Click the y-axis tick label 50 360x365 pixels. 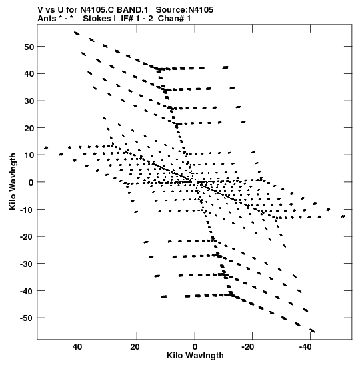pyautogui.click(x=29, y=47)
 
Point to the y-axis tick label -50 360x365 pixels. pyautogui.click(x=27, y=318)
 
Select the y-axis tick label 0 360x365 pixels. pyautogui.click(x=31, y=183)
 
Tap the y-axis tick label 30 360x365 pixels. pyautogui.click(x=29, y=101)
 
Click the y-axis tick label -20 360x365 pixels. pyautogui.click(x=27, y=236)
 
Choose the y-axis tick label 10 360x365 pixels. pyautogui.click(x=29, y=155)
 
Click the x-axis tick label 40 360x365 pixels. pyautogui.click(x=77, y=347)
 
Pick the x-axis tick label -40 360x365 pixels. pyautogui.click(x=305, y=347)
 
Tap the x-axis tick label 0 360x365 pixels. pyautogui.click(x=195, y=347)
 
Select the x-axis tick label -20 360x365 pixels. pyautogui.click(x=248, y=347)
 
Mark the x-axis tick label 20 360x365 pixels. pyautogui.click(x=135, y=347)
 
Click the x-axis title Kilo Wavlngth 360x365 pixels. pyautogui.click(x=195, y=356)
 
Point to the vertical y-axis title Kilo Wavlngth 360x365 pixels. pyautogui.click(x=13, y=181)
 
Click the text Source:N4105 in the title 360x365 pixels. pyautogui.click(x=185, y=10)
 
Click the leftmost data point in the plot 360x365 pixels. pyautogui.click(x=46, y=148)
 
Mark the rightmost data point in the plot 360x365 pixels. pyautogui.click(x=343, y=216)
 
